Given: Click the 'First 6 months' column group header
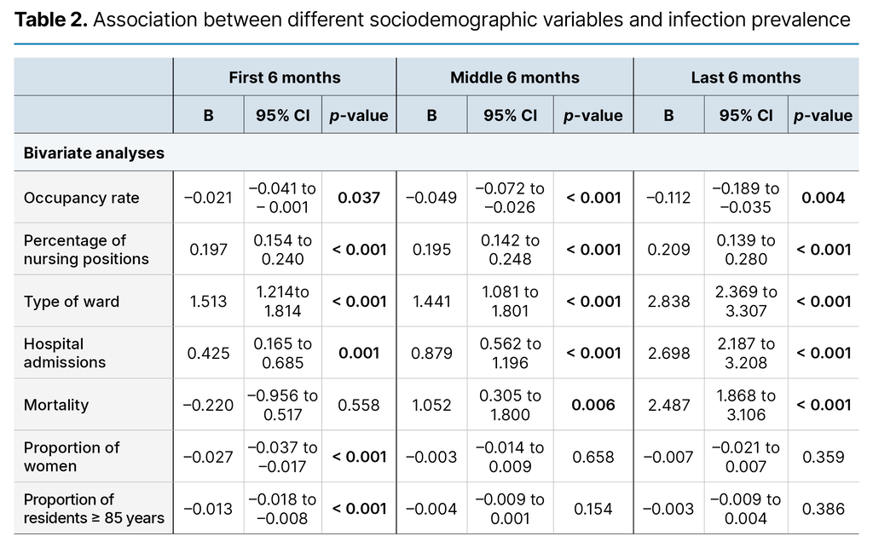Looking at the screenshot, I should [284, 78].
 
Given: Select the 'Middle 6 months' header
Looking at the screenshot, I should [514, 78].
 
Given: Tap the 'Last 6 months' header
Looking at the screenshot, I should [745, 78].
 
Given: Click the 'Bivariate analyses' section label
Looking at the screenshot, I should [94, 153].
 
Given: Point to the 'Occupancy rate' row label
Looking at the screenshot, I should [81, 198].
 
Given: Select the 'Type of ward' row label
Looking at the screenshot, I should [72, 301].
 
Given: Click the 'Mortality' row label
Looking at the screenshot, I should [55, 405].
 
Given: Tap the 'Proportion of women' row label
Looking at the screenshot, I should [72, 457].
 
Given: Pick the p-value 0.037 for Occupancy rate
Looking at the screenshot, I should [359, 198].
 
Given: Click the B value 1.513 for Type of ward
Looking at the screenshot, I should [208, 301].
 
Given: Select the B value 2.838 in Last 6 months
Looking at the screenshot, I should [668, 301].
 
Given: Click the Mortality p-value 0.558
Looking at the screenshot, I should [359, 405].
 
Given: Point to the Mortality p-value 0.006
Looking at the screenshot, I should [593, 405].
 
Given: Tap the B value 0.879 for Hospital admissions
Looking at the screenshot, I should [431, 353].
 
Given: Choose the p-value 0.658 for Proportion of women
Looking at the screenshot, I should [593, 457].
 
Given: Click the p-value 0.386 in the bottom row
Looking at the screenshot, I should [823, 509].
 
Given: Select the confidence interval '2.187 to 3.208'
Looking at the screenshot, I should [746, 353].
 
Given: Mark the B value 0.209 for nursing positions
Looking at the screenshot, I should [668, 250].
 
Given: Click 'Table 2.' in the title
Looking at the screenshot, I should [50, 20].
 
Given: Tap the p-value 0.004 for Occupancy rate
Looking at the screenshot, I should [823, 198].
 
